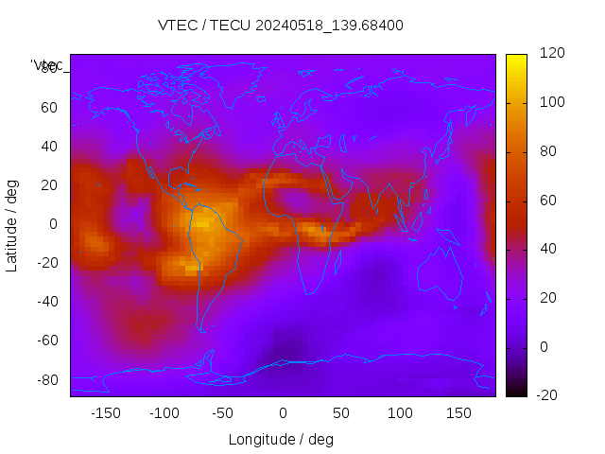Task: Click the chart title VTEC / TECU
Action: coord(280,26)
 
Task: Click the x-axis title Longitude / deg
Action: coord(281,439)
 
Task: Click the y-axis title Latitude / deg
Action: coord(12,224)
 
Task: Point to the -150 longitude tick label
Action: coord(105,412)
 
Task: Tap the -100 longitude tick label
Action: coord(164,412)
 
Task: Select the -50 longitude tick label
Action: coord(223,412)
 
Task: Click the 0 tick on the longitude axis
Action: coord(282,412)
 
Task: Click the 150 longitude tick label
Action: coord(458,412)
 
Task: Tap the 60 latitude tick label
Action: coord(49,107)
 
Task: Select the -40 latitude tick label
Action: coord(46,302)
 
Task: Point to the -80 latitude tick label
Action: coord(46,379)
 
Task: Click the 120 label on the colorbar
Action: coord(551,53)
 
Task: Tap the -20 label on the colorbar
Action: coord(548,395)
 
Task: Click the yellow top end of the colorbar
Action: coord(516,59)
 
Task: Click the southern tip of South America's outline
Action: coord(201,330)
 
